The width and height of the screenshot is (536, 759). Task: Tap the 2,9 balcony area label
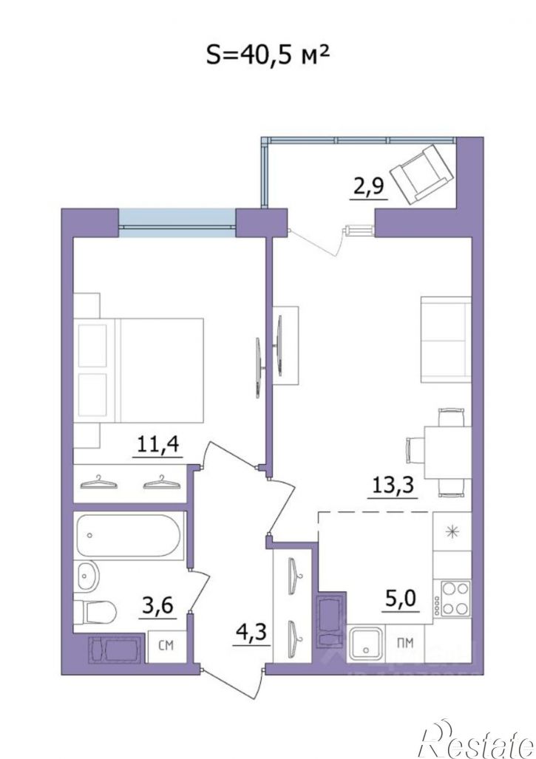[370, 186]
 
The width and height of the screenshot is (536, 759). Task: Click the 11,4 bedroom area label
[159, 444]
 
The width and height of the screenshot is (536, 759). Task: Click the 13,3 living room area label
[393, 484]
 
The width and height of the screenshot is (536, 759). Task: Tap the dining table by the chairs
[448, 452]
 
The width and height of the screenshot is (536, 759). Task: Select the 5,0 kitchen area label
[400, 599]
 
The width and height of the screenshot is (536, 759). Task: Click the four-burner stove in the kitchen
[455, 598]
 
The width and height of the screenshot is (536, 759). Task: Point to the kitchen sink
[366, 641]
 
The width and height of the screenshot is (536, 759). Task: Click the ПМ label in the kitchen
[405, 643]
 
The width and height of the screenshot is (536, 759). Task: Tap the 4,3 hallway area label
[251, 633]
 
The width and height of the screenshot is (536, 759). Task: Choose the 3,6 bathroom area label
[157, 605]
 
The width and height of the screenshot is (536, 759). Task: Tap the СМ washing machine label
[166, 646]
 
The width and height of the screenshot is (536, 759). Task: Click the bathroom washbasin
[86, 576]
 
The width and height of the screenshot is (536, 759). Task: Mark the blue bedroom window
[177, 222]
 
